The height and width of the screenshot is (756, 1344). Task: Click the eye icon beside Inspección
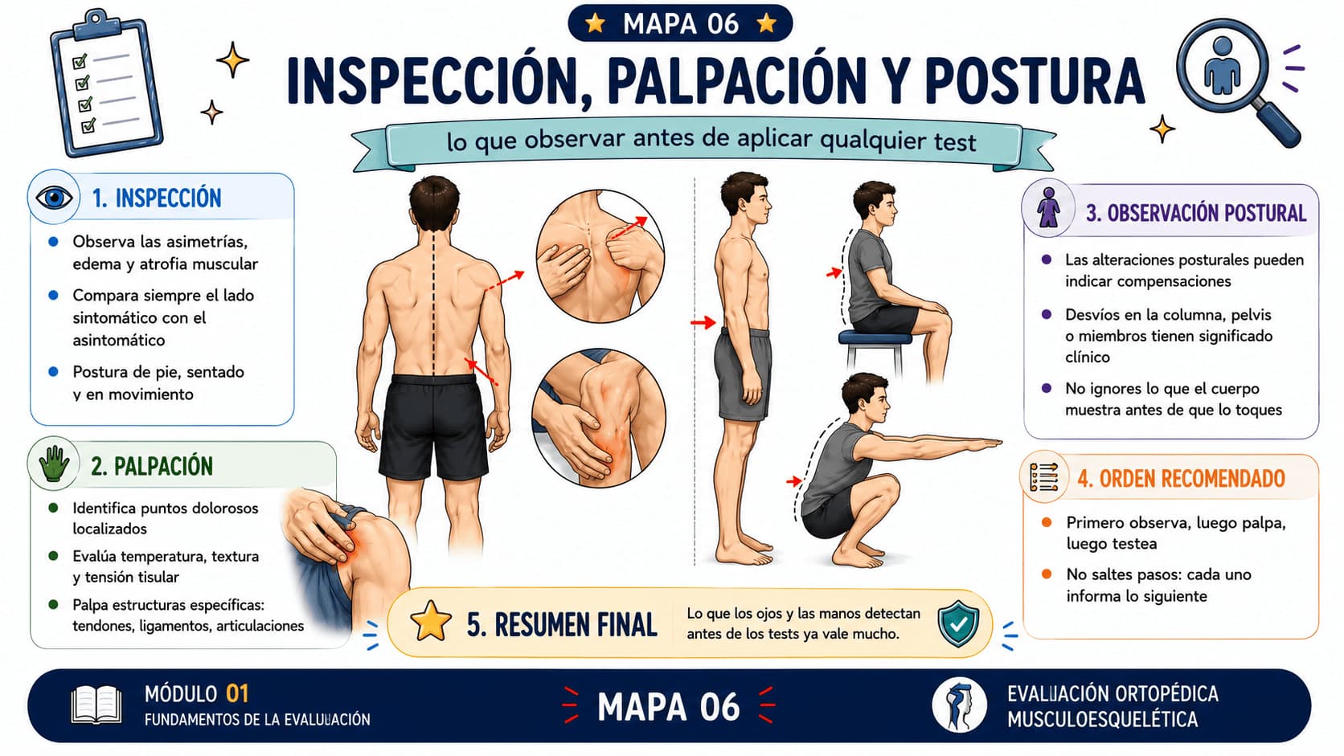click(x=54, y=198)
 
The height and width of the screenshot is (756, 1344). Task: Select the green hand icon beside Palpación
click(x=53, y=464)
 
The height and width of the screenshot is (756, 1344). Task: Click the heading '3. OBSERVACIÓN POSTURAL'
click(x=1196, y=214)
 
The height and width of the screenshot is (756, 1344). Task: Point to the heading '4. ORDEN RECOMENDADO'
click(x=1181, y=479)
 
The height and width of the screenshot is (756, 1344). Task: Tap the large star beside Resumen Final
click(x=431, y=621)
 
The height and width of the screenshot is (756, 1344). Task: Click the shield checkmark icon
click(x=958, y=623)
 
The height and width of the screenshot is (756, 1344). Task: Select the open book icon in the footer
click(x=96, y=705)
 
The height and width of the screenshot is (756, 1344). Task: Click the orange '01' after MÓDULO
click(x=237, y=693)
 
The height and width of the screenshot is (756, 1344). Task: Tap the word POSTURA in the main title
click(x=1035, y=82)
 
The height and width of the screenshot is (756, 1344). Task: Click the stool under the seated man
click(x=875, y=351)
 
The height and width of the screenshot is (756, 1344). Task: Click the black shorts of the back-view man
click(x=433, y=426)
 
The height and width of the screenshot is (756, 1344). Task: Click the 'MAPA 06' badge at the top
click(x=680, y=24)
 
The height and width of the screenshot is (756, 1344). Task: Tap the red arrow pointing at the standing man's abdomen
click(x=703, y=322)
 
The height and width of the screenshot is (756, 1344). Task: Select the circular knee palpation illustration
click(x=599, y=419)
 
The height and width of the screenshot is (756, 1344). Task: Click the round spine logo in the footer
click(x=960, y=705)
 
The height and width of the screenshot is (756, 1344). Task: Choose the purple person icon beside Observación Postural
click(x=1048, y=207)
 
